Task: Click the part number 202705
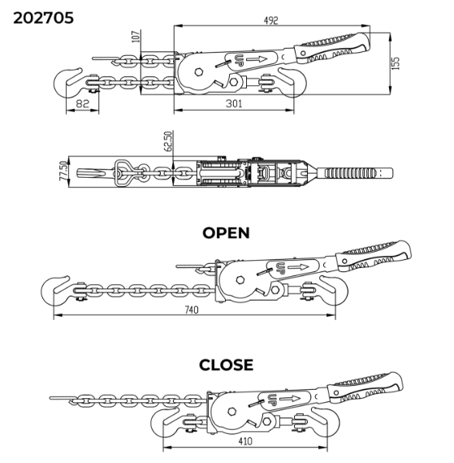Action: (x=43, y=18)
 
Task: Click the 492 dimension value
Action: (x=270, y=20)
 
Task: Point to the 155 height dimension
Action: (x=396, y=63)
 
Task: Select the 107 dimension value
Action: (x=136, y=37)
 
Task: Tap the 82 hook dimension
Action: (x=82, y=104)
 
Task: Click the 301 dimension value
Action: (x=234, y=104)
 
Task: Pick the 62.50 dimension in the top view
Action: (x=167, y=141)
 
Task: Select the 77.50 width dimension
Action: (x=63, y=171)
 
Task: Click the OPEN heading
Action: (x=226, y=233)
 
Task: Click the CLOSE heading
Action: (x=226, y=365)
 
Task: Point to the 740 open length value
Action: (x=192, y=309)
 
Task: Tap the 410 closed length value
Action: (x=245, y=441)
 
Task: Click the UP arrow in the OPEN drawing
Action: (x=298, y=267)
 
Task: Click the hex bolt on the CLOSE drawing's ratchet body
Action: (x=232, y=411)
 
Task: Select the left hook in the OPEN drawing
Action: (x=55, y=291)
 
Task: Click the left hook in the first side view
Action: (x=68, y=83)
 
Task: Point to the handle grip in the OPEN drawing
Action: (x=374, y=256)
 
